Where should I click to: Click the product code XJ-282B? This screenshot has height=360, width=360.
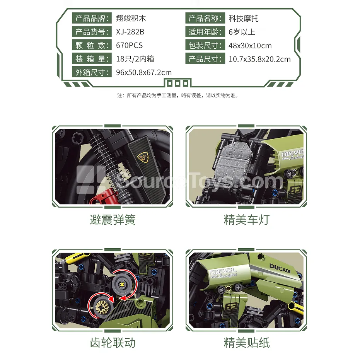pyautogui.click(x=130, y=32)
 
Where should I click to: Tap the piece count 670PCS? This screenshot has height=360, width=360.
pyautogui.click(x=129, y=45)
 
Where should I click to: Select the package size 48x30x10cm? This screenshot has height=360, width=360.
pyautogui.click(x=250, y=46)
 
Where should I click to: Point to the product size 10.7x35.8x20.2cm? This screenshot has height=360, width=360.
pyautogui.click(x=259, y=59)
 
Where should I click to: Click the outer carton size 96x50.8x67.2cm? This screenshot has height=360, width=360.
pyautogui.click(x=144, y=72)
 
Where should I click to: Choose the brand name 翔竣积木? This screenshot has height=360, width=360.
pyautogui.click(x=131, y=18)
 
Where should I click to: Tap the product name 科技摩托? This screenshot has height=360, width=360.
pyautogui.click(x=243, y=18)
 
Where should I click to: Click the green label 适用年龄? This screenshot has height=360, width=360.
pyautogui.click(x=205, y=32)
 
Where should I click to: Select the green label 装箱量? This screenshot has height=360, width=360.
pyautogui.click(x=92, y=59)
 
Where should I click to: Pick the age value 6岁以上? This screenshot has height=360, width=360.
pyautogui.click(x=242, y=32)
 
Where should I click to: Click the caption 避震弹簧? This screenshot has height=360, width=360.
pyautogui.click(x=113, y=220)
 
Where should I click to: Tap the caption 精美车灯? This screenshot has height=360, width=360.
pyautogui.click(x=247, y=220)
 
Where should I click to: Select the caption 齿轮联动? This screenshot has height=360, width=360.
pyautogui.click(x=113, y=343)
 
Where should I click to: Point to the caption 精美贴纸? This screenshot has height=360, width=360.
pyautogui.click(x=247, y=343)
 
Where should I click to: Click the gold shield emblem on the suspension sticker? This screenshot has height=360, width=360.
pyautogui.click(x=143, y=157)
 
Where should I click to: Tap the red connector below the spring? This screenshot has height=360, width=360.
pyautogui.click(x=101, y=197)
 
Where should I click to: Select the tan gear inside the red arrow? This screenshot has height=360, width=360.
pyautogui.click(x=103, y=307)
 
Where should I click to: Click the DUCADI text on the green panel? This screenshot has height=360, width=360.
pyautogui.click(x=280, y=268)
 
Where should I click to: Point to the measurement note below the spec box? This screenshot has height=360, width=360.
pyautogui.click(x=178, y=95)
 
